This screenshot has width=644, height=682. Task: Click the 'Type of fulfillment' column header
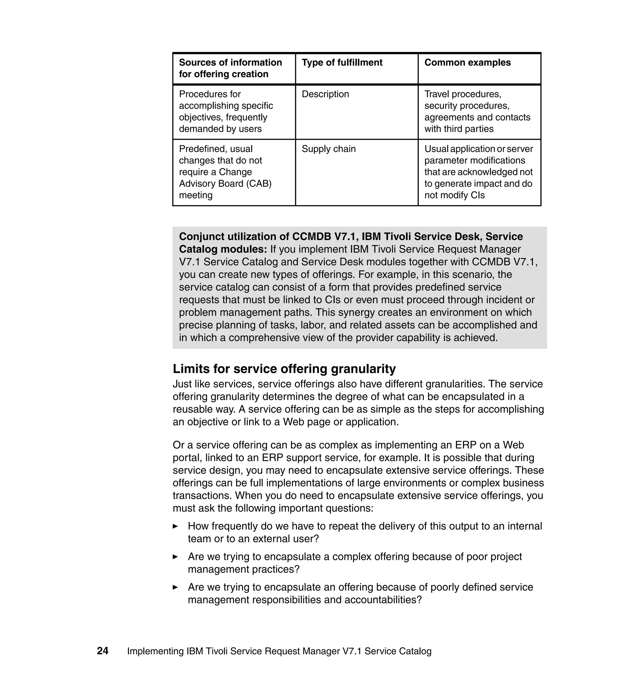coord(341,63)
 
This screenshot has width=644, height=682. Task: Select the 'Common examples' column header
coord(467,63)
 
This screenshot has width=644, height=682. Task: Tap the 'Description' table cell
coord(325,94)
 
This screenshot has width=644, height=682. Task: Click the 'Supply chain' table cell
coord(329,149)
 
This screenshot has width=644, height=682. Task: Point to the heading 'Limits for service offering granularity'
coord(284,368)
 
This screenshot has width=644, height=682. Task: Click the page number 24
coord(103,651)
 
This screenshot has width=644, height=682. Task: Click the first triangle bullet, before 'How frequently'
coord(175,526)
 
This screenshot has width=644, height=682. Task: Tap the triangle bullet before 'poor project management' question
coord(175,557)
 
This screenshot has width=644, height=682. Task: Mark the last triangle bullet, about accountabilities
coord(175,587)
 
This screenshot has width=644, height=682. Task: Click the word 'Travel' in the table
coord(437,94)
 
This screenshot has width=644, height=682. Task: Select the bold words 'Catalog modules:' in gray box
coord(223,249)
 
